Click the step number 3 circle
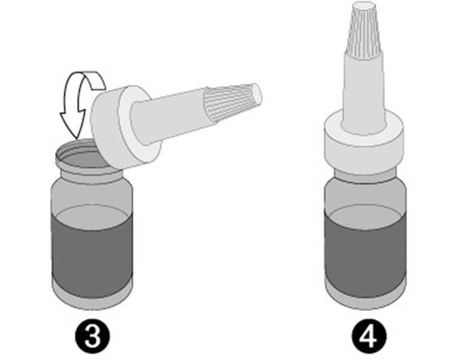(x=95, y=336)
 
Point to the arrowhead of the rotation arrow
(x=70, y=126)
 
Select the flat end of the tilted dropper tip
(x=260, y=92)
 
